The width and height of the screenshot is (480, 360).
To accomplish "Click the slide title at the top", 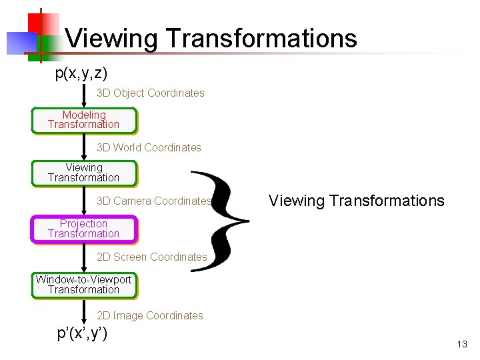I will (x=211, y=39).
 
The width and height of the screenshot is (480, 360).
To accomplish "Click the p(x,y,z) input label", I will (x=81, y=73).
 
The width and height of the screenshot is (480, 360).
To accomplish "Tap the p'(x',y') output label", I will (x=83, y=333).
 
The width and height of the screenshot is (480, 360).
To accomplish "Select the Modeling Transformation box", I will (x=83, y=120).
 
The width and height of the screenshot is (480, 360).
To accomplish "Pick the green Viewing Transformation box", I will (x=83, y=173).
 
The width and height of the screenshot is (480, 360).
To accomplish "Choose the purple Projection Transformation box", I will (x=83, y=229).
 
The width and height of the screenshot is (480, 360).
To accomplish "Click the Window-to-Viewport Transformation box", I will (x=83, y=285).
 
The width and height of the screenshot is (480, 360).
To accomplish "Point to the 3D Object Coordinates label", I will (x=151, y=93).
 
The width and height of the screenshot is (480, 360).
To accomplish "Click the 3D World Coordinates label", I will (x=149, y=147).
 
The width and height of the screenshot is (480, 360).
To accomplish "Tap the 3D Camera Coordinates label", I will (x=154, y=201).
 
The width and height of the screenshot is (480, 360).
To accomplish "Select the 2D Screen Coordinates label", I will (x=152, y=257).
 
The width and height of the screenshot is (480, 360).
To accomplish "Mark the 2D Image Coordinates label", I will (x=150, y=316).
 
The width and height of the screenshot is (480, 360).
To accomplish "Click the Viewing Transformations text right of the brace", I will (x=356, y=201).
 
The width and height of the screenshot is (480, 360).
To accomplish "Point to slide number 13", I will (x=462, y=345).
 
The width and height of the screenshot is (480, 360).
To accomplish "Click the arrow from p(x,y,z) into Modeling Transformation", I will (x=83, y=95).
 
